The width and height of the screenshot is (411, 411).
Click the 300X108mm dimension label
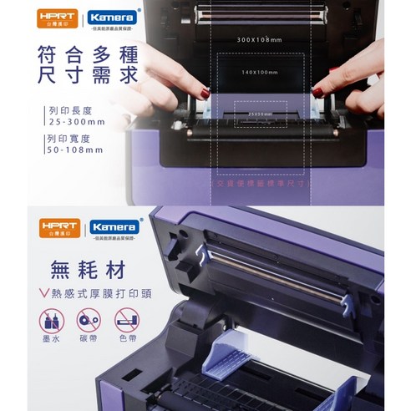pos(257,38)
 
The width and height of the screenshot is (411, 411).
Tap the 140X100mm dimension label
pos(257,72)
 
